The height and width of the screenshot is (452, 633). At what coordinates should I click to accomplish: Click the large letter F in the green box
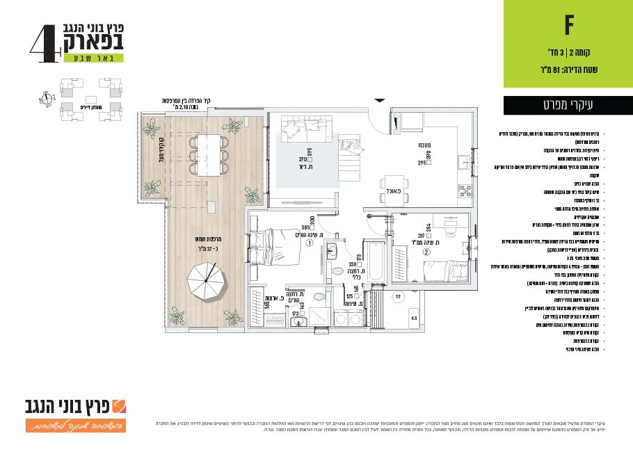tap(568, 26)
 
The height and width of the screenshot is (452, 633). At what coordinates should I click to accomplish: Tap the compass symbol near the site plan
tap(47, 99)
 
